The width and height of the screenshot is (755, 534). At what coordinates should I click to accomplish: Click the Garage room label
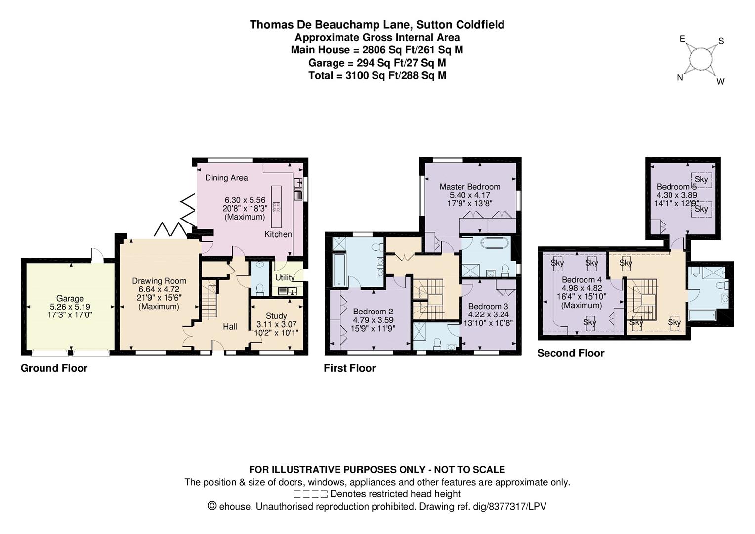pyautogui.click(x=70, y=299)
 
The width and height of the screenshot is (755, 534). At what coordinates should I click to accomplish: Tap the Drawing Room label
pyautogui.click(x=159, y=281)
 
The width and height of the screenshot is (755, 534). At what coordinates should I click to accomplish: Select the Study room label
pyautogui.click(x=276, y=316)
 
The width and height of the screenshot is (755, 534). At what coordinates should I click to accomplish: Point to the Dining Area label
pyautogui.click(x=226, y=178)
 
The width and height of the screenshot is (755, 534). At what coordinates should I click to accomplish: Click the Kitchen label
pyautogui.click(x=278, y=234)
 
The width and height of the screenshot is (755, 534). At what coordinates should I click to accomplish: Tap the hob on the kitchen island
pyautogui.click(x=276, y=207)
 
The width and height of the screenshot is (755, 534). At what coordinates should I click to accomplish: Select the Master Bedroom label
pyautogui.click(x=469, y=187)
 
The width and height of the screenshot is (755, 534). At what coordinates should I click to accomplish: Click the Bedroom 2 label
pyautogui.click(x=373, y=311)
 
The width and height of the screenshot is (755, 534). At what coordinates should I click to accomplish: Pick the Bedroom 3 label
pyautogui.click(x=488, y=306)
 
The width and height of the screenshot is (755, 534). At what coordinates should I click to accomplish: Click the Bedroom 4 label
pyautogui.click(x=582, y=280)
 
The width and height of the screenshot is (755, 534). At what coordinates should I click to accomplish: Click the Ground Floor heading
pyautogui.click(x=54, y=368)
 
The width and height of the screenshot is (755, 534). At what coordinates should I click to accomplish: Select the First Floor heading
pyautogui.click(x=349, y=368)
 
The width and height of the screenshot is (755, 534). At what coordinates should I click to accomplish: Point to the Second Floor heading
pyautogui.click(x=570, y=353)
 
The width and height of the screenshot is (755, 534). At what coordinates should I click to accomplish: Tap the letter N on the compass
pyautogui.click(x=680, y=77)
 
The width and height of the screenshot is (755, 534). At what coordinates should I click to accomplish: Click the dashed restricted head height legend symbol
pyautogui.click(x=310, y=494)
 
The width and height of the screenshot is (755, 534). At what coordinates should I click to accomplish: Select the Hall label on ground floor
pyautogui.click(x=230, y=326)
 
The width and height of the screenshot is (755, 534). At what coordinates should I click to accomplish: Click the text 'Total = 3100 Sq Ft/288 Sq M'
pyautogui.click(x=377, y=75)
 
